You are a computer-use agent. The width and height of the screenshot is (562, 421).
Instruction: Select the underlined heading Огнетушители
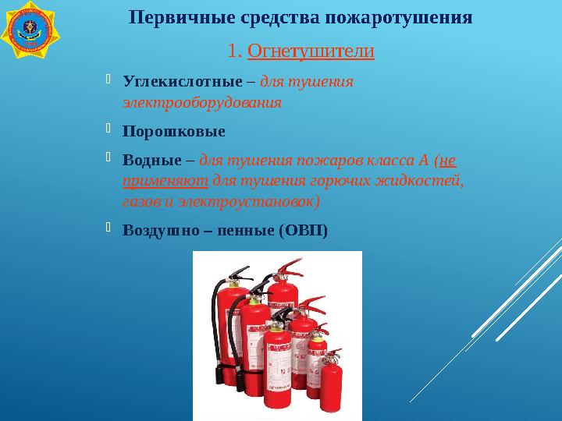311,52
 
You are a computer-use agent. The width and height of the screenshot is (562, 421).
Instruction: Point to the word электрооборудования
201,102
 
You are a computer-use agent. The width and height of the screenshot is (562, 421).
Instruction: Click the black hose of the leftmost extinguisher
212,327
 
